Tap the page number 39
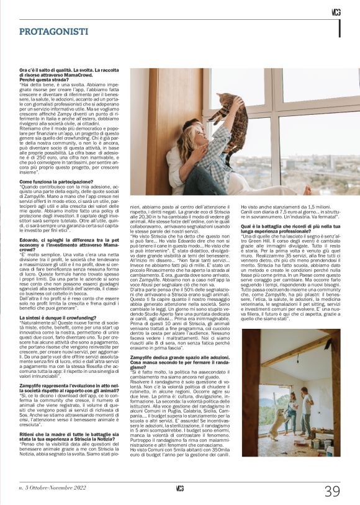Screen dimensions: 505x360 tap(331, 491)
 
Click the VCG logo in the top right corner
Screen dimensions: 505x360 tap(336, 12)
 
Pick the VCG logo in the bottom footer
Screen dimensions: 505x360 tap(180, 488)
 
